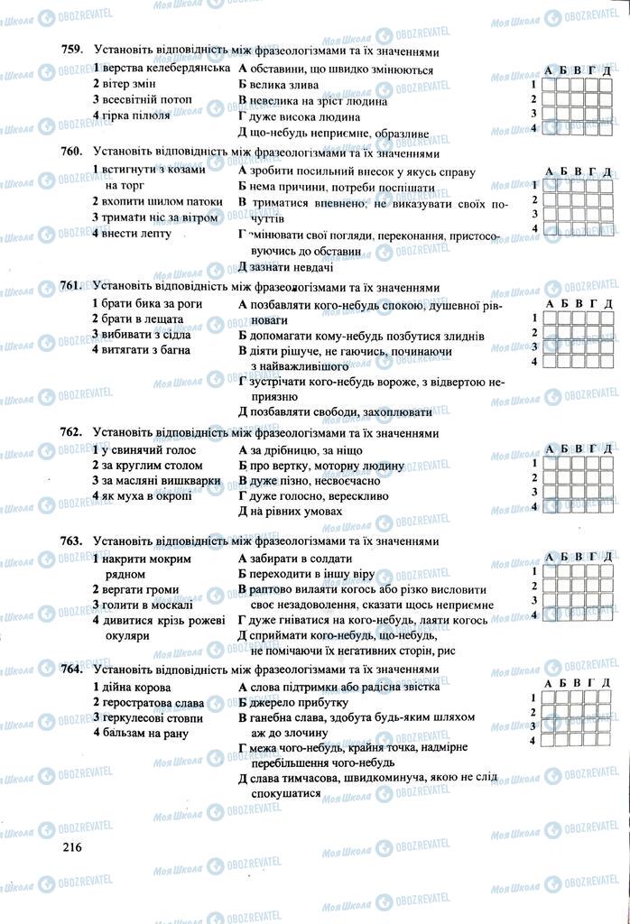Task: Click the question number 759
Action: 70,52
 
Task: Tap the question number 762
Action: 70,433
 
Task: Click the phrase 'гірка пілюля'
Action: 135,116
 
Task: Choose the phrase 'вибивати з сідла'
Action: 145,335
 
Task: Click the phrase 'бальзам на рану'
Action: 142,733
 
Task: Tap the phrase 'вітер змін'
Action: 128,85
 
